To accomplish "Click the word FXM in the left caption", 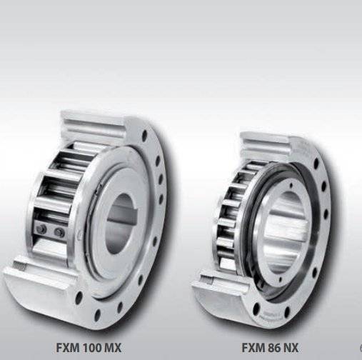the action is pyautogui.click(x=69, y=348).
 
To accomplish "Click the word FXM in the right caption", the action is pyautogui.click(x=254, y=348).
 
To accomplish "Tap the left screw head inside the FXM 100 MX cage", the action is pyautogui.click(x=41, y=229).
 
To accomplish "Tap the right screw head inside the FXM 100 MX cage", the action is pyautogui.click(x=59, y=231).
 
